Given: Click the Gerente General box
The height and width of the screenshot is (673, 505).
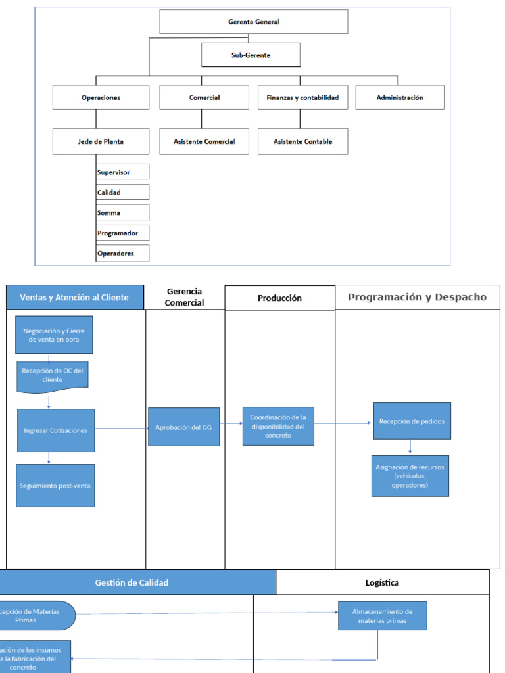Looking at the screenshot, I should click(254, 22).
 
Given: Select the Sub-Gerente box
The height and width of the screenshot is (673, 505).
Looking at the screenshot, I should click(251, 55).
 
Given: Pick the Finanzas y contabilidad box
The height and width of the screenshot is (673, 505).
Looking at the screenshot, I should click(302, 97).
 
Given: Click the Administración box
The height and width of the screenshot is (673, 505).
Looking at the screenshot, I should click(400, 97).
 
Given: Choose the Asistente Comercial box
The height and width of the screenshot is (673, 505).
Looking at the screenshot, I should click(204, 141).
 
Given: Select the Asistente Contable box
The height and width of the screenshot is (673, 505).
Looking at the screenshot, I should click(302, 141).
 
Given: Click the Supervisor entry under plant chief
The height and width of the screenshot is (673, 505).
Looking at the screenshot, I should click(122, 172).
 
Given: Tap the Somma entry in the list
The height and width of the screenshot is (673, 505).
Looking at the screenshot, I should click(122, 213).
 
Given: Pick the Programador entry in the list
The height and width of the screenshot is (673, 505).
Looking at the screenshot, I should click(122, 233).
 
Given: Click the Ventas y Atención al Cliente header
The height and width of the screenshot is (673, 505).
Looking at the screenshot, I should click(74, 297).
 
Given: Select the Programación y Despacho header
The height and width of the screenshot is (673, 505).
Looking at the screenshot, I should click(418, 297).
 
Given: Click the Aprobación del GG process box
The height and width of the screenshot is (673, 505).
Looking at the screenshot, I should click(184, 427).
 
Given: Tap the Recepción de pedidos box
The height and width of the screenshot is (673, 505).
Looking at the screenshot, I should click(412, 421).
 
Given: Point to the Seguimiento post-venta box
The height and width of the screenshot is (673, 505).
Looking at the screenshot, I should click(55, 486).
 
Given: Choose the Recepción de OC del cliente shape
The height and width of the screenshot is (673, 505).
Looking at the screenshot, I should click(52, 376).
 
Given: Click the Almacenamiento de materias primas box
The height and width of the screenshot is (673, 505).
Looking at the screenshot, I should click(382, 616).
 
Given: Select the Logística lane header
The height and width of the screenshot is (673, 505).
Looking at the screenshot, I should click(382, 582).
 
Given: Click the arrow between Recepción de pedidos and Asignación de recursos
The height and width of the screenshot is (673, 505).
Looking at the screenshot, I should click(411, 448).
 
